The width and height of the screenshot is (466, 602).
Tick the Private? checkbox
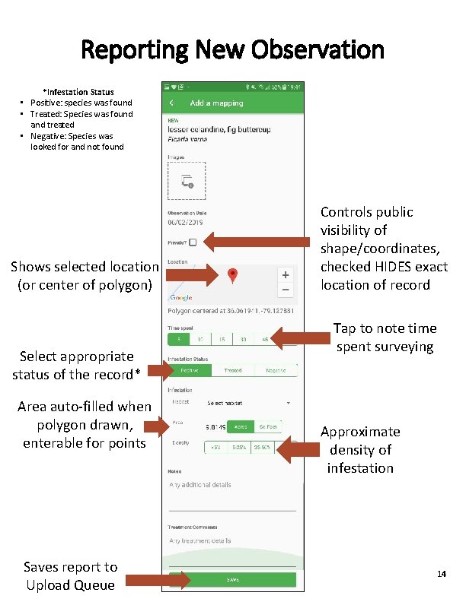tap(193, 242)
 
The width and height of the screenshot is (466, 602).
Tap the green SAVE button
tap(232, 580)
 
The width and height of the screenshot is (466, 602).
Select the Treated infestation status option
tap(232, 370)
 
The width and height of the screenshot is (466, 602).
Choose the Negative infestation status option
tap(276, 370)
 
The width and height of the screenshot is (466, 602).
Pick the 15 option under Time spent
tap(222, 338)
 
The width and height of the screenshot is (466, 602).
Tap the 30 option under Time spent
tap(243, 338)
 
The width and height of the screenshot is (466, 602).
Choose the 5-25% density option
tap(240, 447)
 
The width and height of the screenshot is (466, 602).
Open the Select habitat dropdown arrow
tap(289, 402)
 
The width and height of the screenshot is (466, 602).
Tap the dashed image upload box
tap(187, 181)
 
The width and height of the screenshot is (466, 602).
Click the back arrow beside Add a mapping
tap(172, 103)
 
